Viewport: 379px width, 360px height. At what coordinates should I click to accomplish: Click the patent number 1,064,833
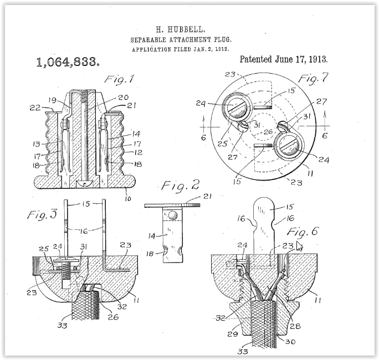pyautogui.click(x=68, y=62)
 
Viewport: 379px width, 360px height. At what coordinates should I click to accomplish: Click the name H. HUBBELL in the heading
pyautogui.click(x=181, y=30)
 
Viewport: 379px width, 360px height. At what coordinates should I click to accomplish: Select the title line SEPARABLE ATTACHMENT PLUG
pyautogui.click(x=181, y=40)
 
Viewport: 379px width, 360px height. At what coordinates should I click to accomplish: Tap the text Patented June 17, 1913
pyautogui.click(x=284, y=59)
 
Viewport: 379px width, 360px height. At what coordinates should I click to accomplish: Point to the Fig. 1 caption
pyautogui.click(x=119, y=79)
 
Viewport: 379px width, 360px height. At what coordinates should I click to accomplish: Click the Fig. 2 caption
pyautogui.click(x=181, y=186)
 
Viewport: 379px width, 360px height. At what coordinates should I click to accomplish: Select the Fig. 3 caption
pyautogui.click(x=42, y=214)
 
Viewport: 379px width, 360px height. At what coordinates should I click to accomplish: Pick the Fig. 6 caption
pyautogui.click(x=303, y=232)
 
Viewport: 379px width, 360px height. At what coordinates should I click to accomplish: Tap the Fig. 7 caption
pyautogui.click(x=314, y=78)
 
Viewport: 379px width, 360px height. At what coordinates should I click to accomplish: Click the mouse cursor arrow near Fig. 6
pyautogui.click(x=299, y=246)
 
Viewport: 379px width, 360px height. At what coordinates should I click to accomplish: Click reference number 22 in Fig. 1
pyautogui.click(x=35, y=108)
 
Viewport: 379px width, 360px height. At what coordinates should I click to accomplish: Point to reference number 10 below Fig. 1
pyautogui.click(x=128, y=199)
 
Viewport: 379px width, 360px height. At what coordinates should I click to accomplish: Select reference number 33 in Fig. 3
pyautogui.click(x=62, y=326)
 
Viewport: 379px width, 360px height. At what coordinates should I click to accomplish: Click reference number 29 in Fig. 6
pyautogui.click(x=233, y=334)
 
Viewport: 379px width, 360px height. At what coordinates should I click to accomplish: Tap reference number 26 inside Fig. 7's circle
pyautogui.click(x=268, y=132)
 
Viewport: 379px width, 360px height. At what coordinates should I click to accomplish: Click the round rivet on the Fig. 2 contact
pyautogui.click(x=172, y=215)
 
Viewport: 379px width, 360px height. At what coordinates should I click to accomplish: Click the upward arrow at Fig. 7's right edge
pyautogui.click(x=325, y=119)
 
